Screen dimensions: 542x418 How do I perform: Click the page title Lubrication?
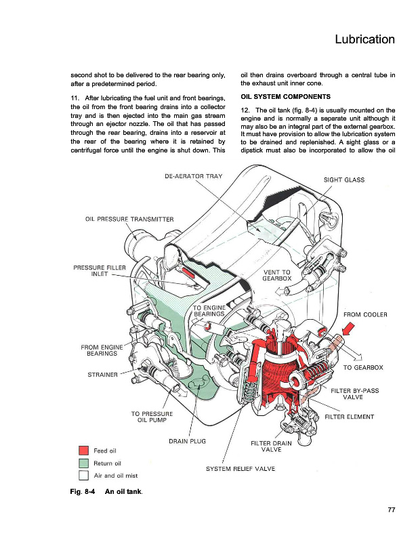pos(364,39)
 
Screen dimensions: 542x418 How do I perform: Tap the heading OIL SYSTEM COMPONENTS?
pos(286,96)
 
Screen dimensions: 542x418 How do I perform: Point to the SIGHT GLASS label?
pos(343,180)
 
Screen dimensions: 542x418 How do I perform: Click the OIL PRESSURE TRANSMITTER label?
pos(129,219)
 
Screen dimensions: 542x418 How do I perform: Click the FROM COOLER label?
pos(365,314)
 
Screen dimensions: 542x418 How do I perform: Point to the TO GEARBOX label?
pos(363,367)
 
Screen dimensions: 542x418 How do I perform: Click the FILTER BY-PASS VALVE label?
pos(356,394)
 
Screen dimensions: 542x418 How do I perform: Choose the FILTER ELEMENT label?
pos(349,416)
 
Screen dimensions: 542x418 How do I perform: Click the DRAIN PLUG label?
pos(187,442)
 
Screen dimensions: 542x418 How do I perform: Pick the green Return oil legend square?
pos(84,463)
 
